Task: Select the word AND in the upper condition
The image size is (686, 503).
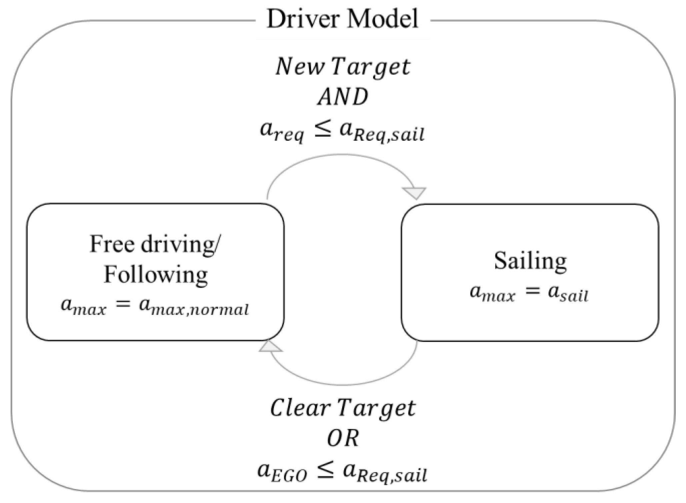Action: (343, 98)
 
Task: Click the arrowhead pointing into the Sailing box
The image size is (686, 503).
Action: (414, 193)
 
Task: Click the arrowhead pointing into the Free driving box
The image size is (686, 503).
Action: (270, 347)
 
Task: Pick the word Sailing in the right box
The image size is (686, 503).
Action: (530, 261)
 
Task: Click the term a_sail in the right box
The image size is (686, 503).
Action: (568, 293)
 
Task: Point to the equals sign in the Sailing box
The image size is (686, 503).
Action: (531, 291)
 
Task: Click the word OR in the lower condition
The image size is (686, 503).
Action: (343, 439)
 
